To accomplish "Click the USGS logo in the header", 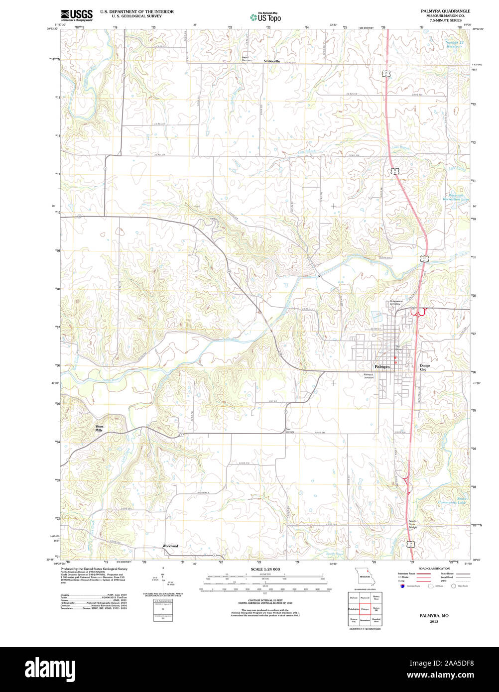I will tap(76, 15).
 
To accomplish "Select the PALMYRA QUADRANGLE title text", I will tap(445, 11).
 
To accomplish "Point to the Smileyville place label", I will tap(272, 61).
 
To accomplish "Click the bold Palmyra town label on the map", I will tap(381, 366).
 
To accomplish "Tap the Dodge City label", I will tap(424, 367).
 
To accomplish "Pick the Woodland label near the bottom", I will tap(170, 546).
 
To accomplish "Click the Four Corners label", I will tap(290, 431).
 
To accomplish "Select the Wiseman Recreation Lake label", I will tap(456, 197).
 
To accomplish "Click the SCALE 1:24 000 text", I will tap(265, 569).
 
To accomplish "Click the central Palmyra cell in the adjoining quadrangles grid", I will tap(365, 608).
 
